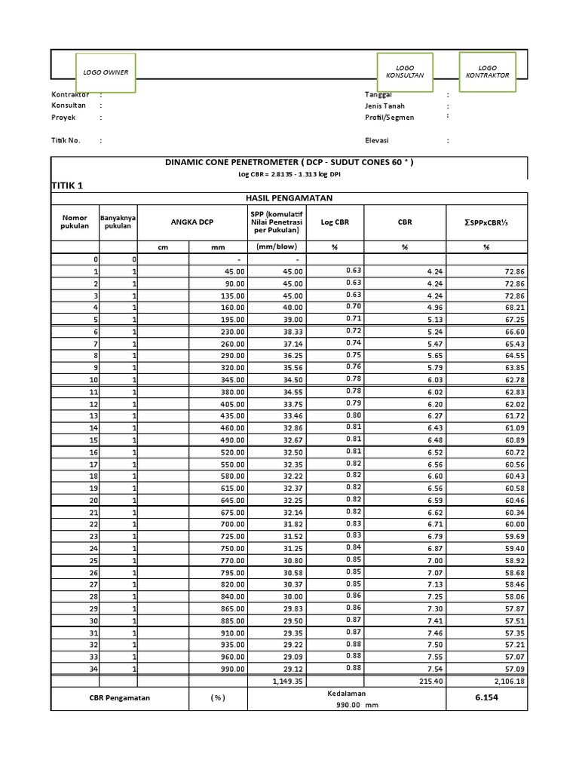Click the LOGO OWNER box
tap(106, 72)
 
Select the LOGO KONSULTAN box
tap(405, 72)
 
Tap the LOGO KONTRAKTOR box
tap(488, 72)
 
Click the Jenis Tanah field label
tap(384, 106)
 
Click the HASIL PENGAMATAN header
tap(289, 198)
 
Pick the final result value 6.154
tap(487, 697)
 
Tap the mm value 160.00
tap(231, 308)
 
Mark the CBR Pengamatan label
tap(119, 697)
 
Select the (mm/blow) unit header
tap(277, 247)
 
